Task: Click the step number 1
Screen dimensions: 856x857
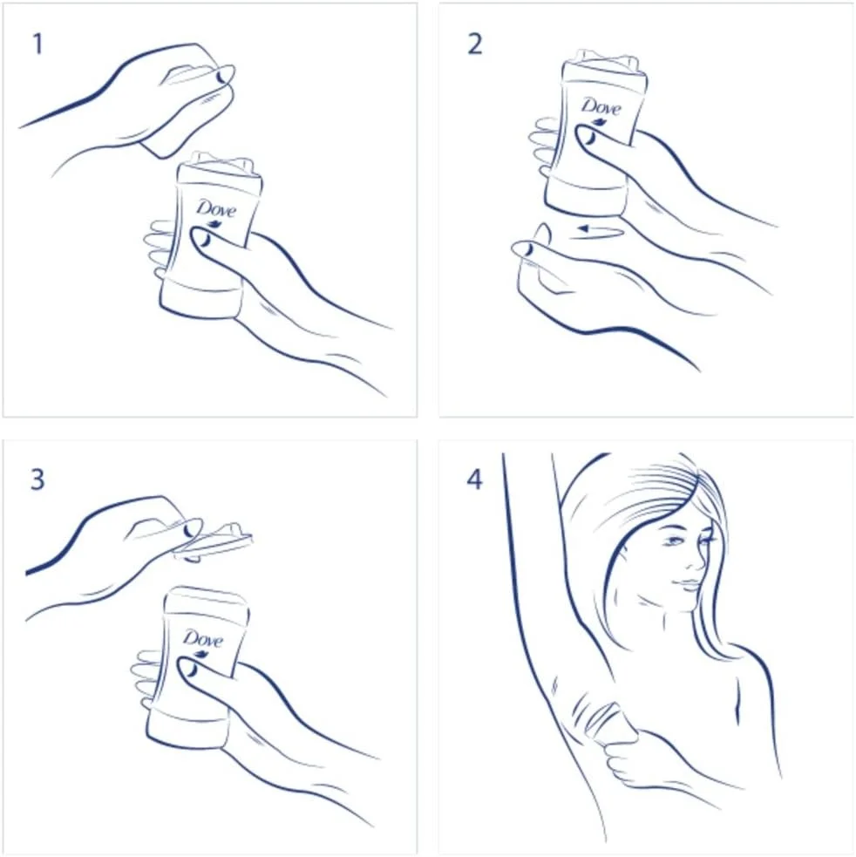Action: coord(37,44)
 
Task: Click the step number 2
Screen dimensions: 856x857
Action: coord(474,44)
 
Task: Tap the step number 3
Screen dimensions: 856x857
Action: coord(37,480)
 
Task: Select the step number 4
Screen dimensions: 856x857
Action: coord(474,480)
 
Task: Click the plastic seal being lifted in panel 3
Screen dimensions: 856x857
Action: coord(214,542)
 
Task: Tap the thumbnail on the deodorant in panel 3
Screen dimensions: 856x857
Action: coord(187,667)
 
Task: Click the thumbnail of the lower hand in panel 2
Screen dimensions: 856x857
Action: coord(524,249)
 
